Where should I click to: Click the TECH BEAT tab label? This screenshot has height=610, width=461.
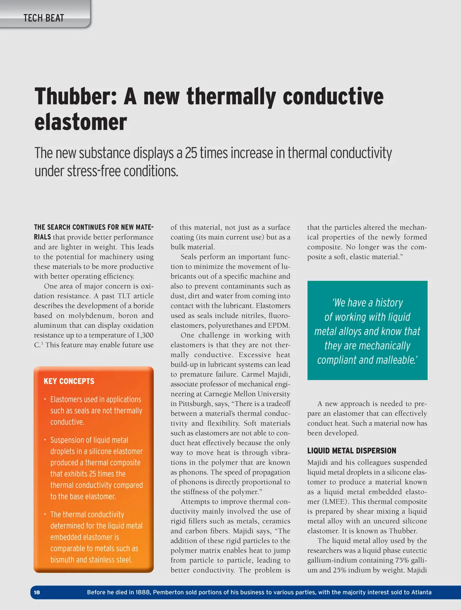(x=44, y=18)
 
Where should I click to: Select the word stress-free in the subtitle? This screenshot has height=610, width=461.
(x=93, y=171)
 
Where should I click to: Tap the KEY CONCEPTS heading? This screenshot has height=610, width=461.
(x=69, y=381)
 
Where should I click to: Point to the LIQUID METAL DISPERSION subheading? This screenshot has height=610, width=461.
(x=352, y=451)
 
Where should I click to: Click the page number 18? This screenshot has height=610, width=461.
(x=37, y=592)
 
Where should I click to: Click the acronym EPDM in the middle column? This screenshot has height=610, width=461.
(x=279, y=325)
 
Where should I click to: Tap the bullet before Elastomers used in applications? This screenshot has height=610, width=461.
(x=45, y=399)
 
